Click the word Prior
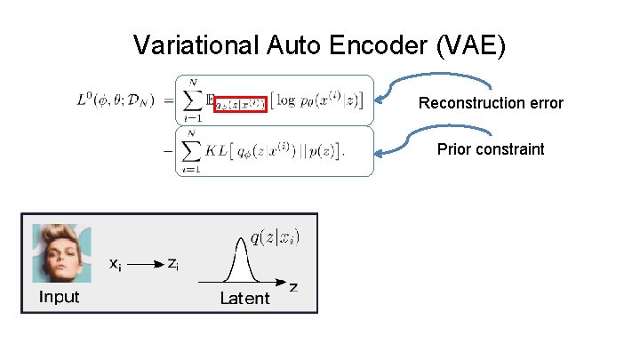(x=454, y=148)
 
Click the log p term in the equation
(x=298, y=98)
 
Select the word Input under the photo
(x=59, y=297)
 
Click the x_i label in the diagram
(x=116, y=264)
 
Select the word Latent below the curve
(x=244, y=299)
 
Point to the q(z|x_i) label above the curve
(x=275, y=236)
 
